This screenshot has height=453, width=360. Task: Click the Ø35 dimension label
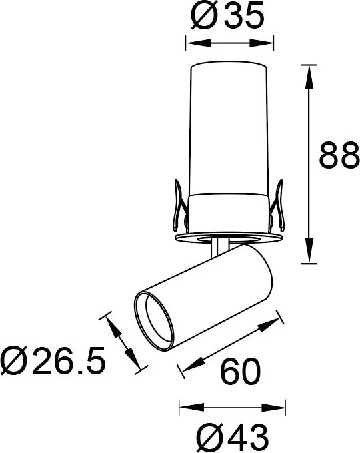point(227,16)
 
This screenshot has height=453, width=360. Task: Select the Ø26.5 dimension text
point(53,362)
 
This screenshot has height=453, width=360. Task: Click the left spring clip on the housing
point(177,207)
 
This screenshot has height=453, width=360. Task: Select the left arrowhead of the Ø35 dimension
point(190,43)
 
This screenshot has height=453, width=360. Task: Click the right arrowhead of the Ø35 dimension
point(268,43)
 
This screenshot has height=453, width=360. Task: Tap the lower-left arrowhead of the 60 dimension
point(184,368)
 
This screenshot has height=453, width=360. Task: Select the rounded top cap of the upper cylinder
point(229,67)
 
